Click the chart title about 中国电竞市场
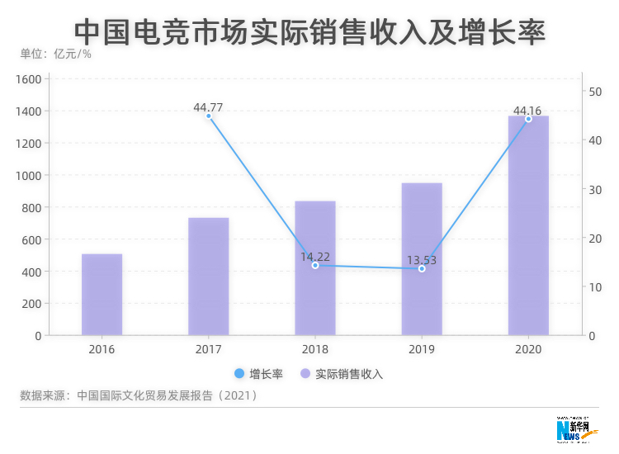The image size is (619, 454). [309, 31]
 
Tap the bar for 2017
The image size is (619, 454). [208, 277]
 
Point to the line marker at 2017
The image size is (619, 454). [209, 116]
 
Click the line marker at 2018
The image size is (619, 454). [315, 266]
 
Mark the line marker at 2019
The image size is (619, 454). [422, 269]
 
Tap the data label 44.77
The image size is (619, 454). [208, 107]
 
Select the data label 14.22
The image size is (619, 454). [315, 256]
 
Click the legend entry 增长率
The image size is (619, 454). [258, 374]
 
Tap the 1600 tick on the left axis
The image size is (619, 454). [28, 79]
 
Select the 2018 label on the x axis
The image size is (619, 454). [314, 349]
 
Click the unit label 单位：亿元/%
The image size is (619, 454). [55, 54]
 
